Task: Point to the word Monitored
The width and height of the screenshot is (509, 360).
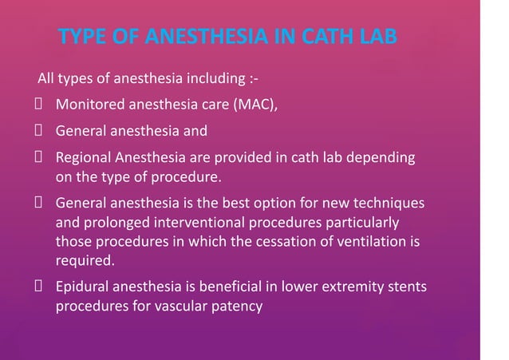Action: (x=89, y=104)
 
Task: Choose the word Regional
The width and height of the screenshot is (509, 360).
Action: (x=83, y=157)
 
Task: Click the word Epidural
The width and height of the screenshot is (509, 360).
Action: (x=82, y=287)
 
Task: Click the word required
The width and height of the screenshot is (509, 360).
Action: (x=84, y=259)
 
